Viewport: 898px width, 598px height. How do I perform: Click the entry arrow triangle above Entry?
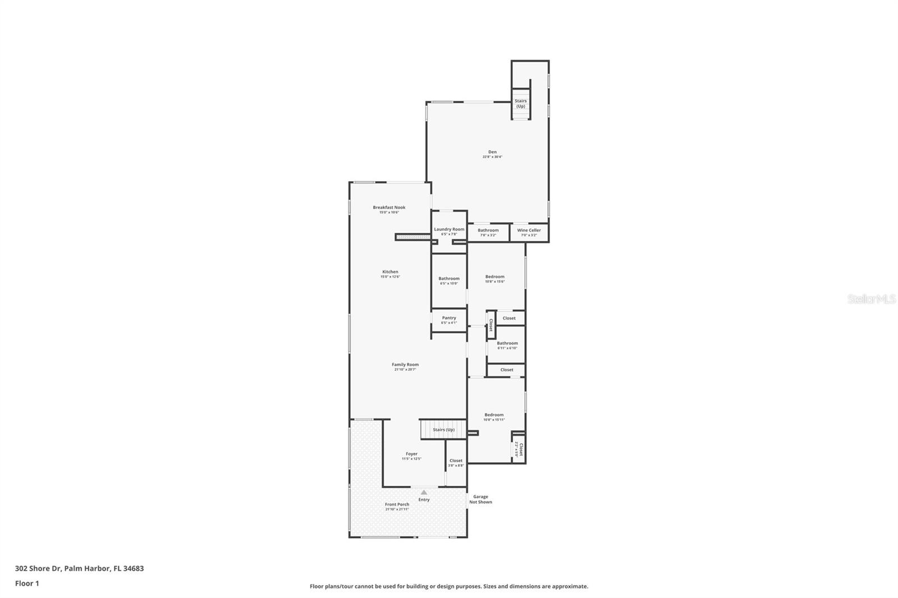pos(424,492)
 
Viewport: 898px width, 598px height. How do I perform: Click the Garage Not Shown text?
pos(480,499)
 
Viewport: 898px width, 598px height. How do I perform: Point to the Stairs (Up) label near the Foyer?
pos(443,430)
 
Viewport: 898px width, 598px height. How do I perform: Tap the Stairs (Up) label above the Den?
pos(521,103)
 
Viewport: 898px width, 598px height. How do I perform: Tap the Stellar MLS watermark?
pos(871,300)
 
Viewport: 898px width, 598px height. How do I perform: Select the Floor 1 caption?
pos(27,583)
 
